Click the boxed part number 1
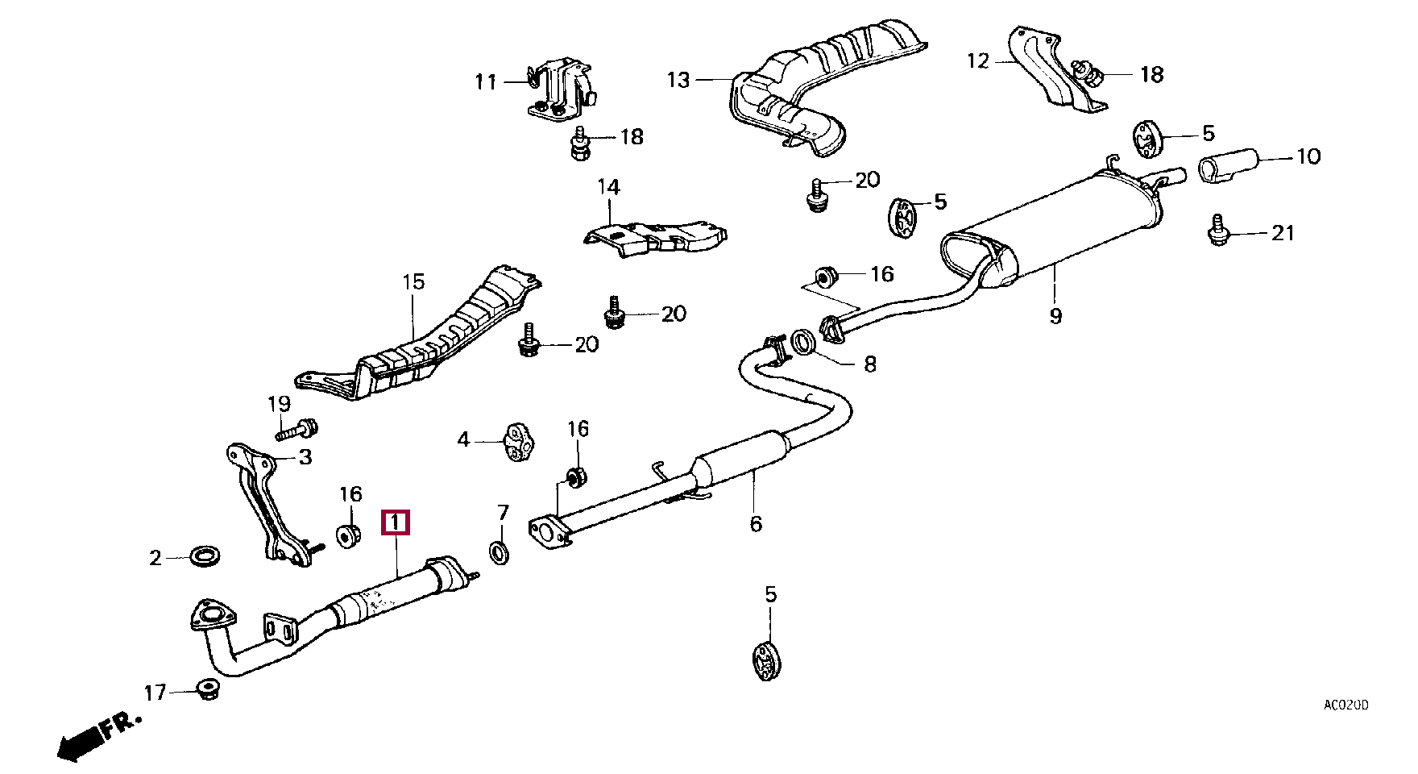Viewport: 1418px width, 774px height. click(x=396, y=522)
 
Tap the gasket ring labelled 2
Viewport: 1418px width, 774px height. click(x=206, y=556)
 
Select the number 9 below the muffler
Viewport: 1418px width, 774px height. click(x=1055, y=316)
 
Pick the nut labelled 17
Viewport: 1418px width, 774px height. click(x=209, y=690)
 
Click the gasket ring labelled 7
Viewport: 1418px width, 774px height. click(x=500, y=553)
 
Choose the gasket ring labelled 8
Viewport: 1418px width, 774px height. click(x=803, y=342)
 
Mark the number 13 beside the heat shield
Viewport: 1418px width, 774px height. click(x=678, y=80)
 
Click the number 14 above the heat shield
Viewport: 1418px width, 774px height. click(x=608, y=187)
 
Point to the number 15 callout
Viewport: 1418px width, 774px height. click(x=413, y=282)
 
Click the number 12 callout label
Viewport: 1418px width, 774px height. click(x=977, y=61)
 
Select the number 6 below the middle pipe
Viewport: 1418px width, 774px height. click(x=755, y=524)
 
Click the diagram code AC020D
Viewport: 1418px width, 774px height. click(x=1345, y=705)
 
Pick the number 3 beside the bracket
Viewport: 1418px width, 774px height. click(x=305, y=458)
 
